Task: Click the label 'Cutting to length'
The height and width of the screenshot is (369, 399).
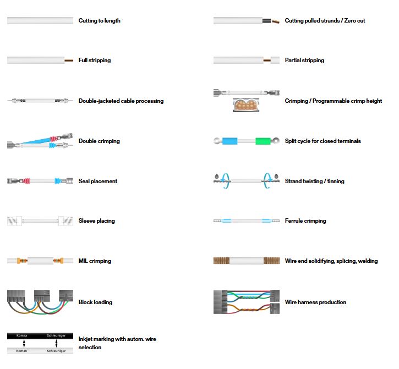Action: [99, 20]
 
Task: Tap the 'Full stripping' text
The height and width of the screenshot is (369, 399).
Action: [95, 60]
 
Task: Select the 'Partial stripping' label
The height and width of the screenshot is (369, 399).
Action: [304, 60]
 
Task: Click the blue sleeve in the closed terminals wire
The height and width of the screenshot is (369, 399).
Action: [230, 141]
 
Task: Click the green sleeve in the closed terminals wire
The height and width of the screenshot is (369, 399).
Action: [263, 141]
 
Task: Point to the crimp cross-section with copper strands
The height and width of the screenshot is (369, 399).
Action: [246, 105]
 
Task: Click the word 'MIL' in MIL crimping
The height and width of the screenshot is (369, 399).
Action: [83, 261]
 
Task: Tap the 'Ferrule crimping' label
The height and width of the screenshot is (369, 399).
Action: [305, 221]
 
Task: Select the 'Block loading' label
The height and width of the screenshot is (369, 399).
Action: [95, 302]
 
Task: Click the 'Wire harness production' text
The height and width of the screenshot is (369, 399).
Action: [315, 302]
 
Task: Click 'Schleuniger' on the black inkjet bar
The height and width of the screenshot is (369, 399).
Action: [56, 335]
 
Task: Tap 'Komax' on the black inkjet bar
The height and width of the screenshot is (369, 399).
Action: [21, 335]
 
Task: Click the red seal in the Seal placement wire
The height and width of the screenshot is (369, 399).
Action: [27, 181]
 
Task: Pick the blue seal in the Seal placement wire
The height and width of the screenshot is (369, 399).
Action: [58, 181]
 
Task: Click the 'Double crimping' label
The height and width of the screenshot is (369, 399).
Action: [99, 141]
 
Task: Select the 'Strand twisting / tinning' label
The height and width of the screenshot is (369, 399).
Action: [314, 181]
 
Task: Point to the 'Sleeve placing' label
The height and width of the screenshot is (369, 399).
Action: [97, 221]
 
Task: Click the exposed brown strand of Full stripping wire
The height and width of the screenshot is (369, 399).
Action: [69, 60]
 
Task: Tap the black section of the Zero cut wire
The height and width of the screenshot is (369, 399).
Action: [267, 20]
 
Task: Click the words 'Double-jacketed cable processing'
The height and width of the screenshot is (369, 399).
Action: [121, 101]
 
